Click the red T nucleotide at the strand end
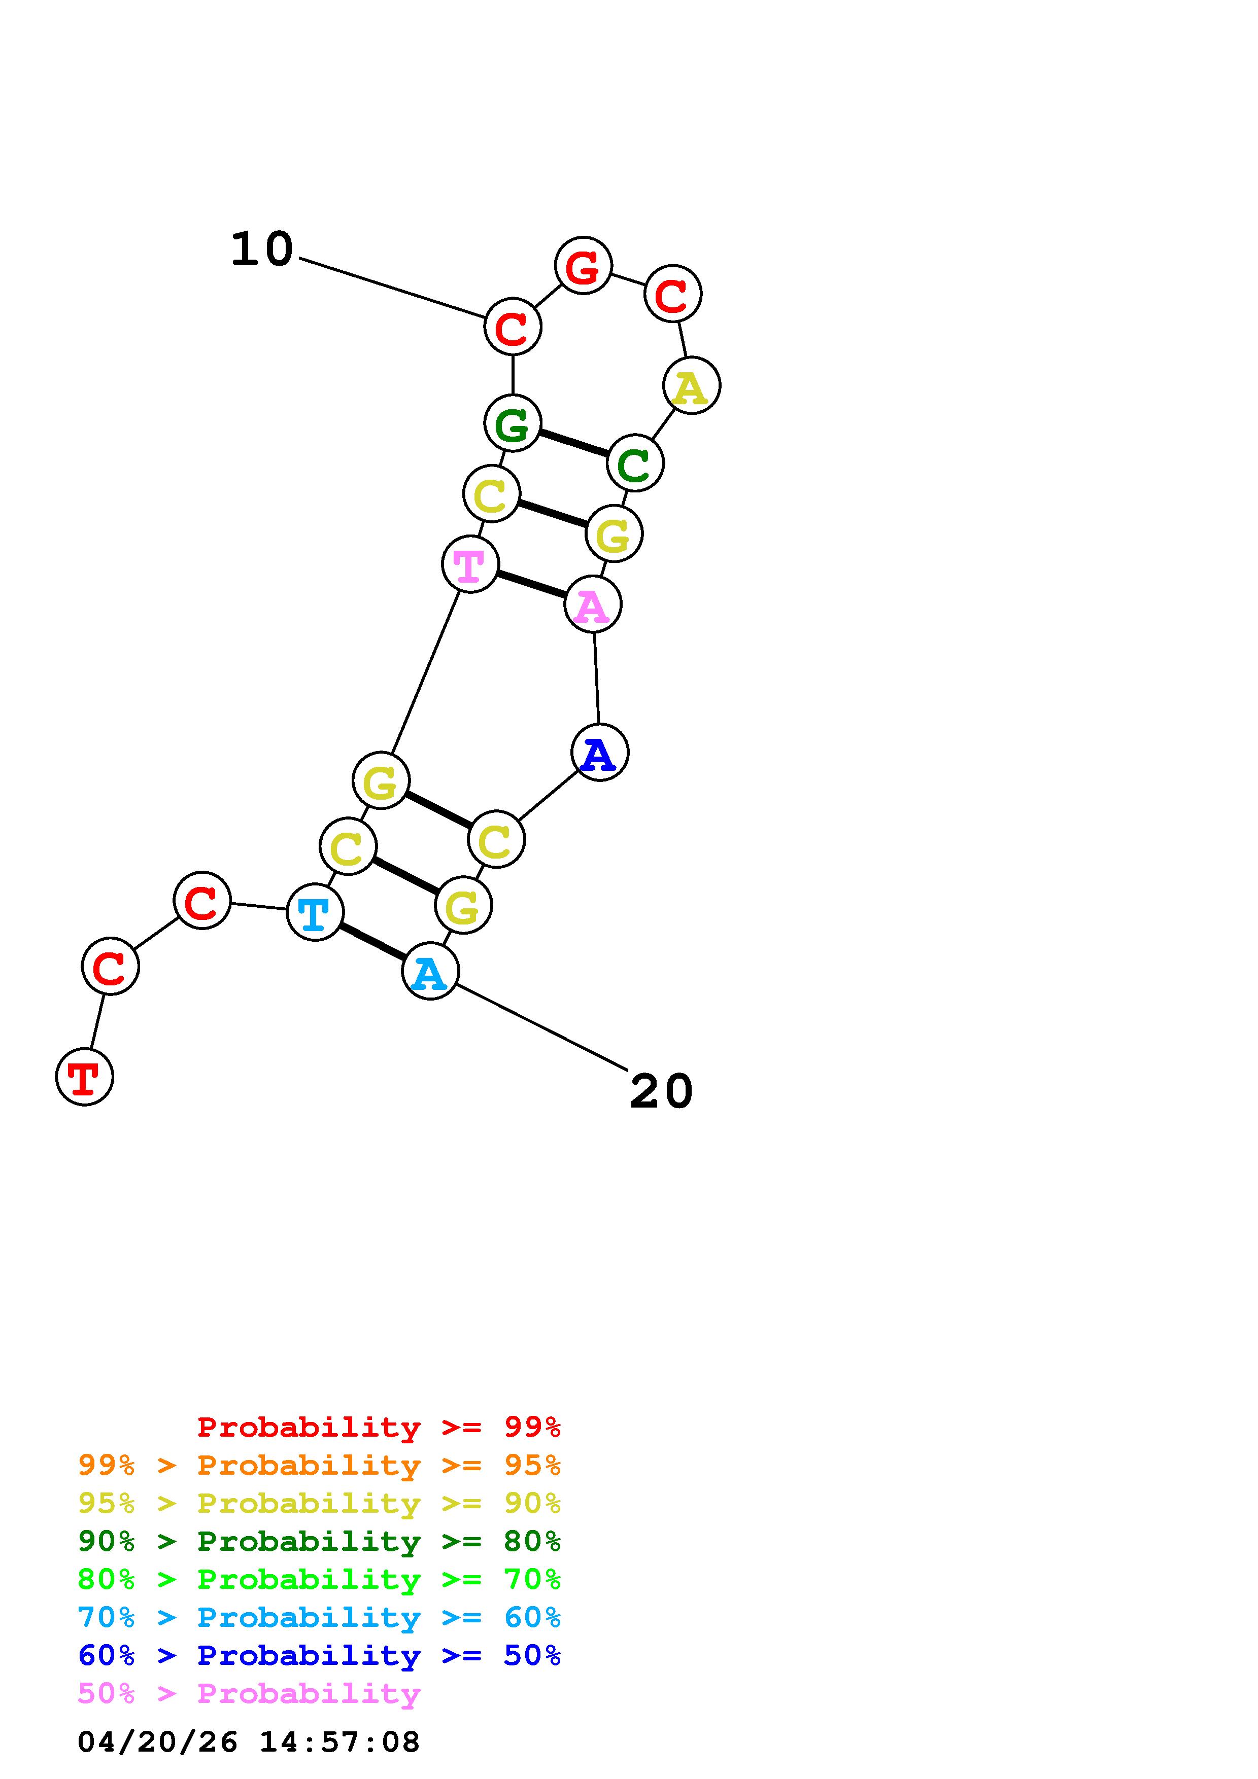point(84,1077)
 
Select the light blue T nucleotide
point(315,913)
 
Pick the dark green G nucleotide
point(513,423)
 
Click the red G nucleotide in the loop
point(583,266)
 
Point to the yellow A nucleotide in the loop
point(691,386)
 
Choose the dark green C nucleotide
point(635,464)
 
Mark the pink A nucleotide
point(593,604)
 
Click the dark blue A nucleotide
point(599,753)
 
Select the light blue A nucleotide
point(430,972)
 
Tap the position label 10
point(262,250)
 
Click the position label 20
point(661,1092)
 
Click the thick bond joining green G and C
point(573,443)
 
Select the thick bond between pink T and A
point(531,584)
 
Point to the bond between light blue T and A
point(372,942)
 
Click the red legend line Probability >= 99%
point(379,1427)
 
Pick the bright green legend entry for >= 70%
point(319,1579)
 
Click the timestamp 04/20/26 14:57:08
point(249,1742)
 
